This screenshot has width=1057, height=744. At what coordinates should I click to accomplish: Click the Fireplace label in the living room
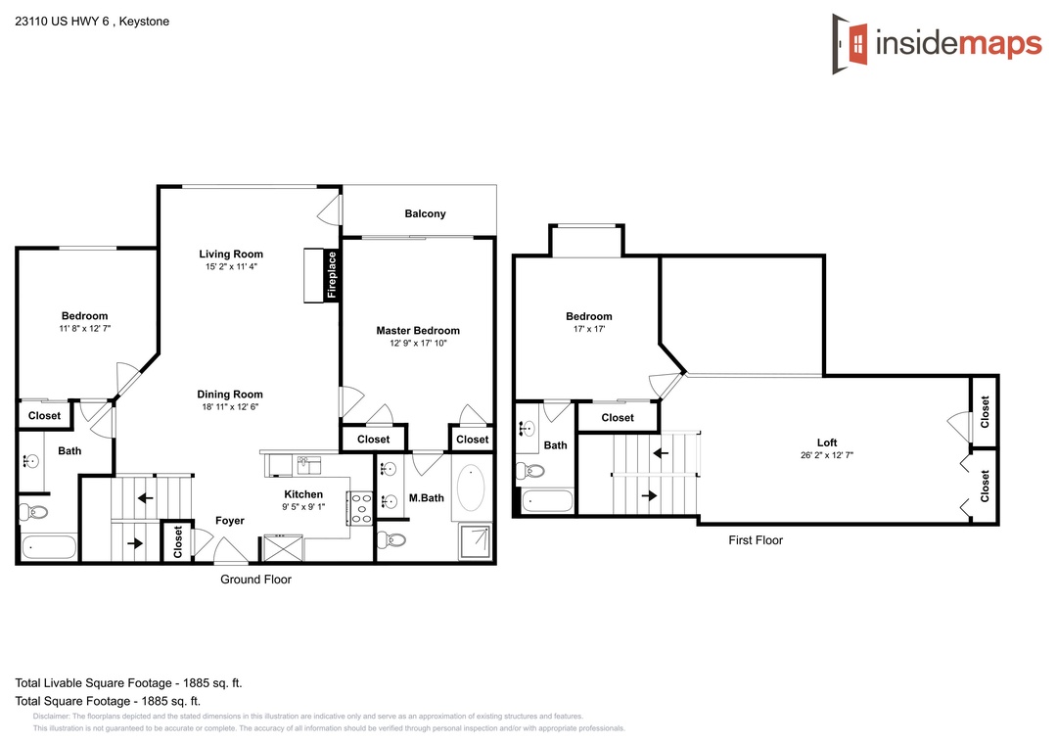pyautogui.click(x=332, y=274)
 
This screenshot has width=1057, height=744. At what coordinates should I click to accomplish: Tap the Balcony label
pyautogui.click(x=425, y=213)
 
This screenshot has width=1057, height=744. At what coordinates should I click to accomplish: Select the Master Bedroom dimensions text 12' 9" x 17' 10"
pyautogui.click(x=418, y=344)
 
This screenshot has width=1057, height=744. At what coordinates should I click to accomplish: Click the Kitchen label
pyautogui.click(x=303, y=494)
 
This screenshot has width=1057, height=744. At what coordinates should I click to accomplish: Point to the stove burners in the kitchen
pyautogui.click(x=360, y=508)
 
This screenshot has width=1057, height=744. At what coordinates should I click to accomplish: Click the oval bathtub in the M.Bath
pyautogui.click(x=471, y=487)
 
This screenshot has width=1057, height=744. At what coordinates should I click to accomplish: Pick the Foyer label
pyautogui.click(x=230, y=521)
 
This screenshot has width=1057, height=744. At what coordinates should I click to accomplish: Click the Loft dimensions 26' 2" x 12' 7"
pyautogui.click(x=827, y=455)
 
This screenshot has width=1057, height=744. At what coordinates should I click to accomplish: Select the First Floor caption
pyautogui.click(x=756, y=540)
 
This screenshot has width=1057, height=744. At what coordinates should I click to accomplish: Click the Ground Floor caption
pyautogui.click(x=255, y=580)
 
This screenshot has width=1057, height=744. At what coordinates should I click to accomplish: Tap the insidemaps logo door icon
pyautogui.click(x=850, y=44)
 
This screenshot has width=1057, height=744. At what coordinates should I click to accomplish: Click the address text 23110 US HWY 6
pyautogui.click(x=62, y=22)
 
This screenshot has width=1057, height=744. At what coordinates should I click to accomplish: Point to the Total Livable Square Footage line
pyautogui.click(x=129, y=682)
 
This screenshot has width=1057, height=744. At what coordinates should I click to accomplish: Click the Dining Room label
pyautogui.click(x=230, y=395)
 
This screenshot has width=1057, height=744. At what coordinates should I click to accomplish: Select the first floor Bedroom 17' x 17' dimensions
pyautogui.click(x=589, y=329)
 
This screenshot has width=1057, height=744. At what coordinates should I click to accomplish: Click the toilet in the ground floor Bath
pyautogui.click(x=33, y=512)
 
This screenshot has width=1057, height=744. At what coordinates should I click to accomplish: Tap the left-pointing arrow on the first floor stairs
pyautogui.click(x=660, y=453)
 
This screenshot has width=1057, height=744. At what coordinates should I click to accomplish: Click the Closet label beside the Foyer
pyautogui.click(x=178, y=541)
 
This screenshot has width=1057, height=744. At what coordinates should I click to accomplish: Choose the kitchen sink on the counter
pyautogui.click(x=308, y=465)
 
